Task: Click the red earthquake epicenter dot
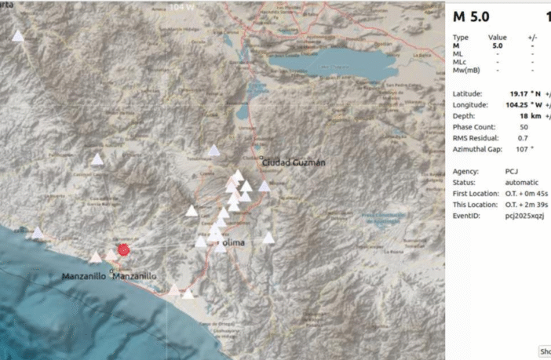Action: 123,250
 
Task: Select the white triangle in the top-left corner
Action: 17,36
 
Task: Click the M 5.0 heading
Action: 471,16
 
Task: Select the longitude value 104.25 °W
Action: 517,104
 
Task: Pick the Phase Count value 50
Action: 524,127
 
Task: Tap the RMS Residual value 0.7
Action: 522,138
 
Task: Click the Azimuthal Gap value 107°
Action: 521,149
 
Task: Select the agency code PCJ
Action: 511,170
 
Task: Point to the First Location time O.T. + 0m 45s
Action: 526,192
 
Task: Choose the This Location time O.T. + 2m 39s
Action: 526,203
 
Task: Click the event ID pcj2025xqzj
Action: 524,214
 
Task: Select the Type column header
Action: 461,37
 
